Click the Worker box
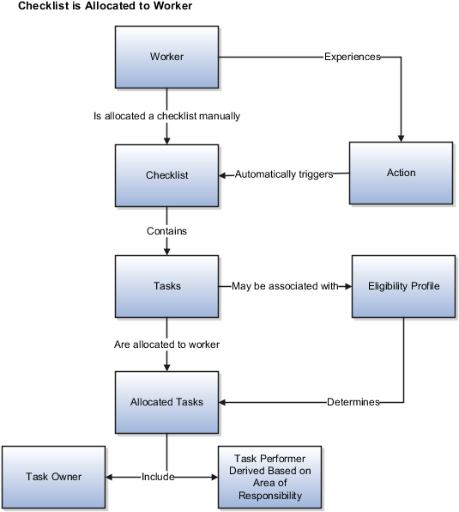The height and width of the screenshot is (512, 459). pos(166,58)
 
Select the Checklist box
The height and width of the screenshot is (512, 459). pos(166,175)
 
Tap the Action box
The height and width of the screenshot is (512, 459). pos(401,173)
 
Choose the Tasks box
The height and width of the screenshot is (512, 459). pos(166,286)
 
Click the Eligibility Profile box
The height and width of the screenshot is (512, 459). pos(403,286)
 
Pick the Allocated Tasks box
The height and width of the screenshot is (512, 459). pos(166,402)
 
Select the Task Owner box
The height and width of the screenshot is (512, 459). pos(53,477)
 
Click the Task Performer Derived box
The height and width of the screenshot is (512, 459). pos(270,477)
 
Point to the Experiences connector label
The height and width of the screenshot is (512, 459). pos(352,58)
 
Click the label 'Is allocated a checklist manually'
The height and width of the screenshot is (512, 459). pos(166,115)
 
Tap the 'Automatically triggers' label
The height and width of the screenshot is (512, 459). pos(283,174)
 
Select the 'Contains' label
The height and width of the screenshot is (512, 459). pos(166,231)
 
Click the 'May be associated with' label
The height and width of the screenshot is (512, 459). pos(285,286)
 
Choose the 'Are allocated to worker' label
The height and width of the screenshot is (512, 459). pos(166,344)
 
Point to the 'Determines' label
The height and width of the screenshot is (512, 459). pos(353,402)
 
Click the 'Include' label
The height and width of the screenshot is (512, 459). pos(158,477)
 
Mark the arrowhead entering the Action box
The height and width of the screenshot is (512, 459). pos(401,137)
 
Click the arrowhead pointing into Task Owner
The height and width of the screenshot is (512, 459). pos(110,477)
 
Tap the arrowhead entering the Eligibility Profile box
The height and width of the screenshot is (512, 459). pos(347,286)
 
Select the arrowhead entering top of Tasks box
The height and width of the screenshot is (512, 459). pos(166,251)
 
